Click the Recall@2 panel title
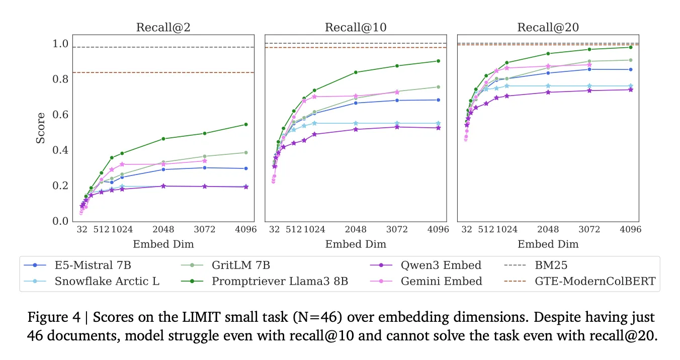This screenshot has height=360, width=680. tap(163, 27)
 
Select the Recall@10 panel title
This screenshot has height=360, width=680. tap(356, 27)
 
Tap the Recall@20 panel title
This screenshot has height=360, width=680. tap(548, 27)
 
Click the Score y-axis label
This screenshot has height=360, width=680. tap(41, 128)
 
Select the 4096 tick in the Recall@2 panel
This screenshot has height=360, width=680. tap(246, 230)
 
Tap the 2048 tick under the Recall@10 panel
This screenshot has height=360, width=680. tap(356, 230)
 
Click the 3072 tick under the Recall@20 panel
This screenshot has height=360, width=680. tap(589, 230)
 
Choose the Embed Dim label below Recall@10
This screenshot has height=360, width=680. tap(356, 244)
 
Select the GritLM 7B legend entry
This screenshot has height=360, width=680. tap(241, 265)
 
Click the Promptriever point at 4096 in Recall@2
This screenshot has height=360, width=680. tap(246, 124)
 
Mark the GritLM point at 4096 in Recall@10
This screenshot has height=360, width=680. tap(438, 87)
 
